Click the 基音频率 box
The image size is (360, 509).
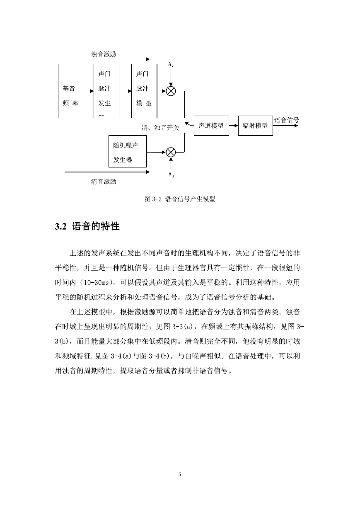70,91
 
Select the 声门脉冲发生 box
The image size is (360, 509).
106,91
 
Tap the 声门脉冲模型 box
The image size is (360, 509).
144,91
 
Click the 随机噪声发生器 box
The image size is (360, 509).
128,151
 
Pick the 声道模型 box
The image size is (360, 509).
211,126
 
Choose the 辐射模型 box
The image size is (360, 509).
255,126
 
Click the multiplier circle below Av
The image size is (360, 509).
171,91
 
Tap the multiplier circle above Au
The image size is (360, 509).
171,152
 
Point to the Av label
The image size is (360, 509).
171,64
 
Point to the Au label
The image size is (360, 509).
171,175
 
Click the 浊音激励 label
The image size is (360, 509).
104,54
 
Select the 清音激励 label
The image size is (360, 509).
104,182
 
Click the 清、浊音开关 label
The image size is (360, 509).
160,128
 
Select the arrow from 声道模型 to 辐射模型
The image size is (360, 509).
233,126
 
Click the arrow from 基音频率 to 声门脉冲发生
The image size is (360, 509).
89,91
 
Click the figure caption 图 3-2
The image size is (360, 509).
153,199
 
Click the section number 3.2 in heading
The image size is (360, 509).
60,227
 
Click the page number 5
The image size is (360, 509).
180,475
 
